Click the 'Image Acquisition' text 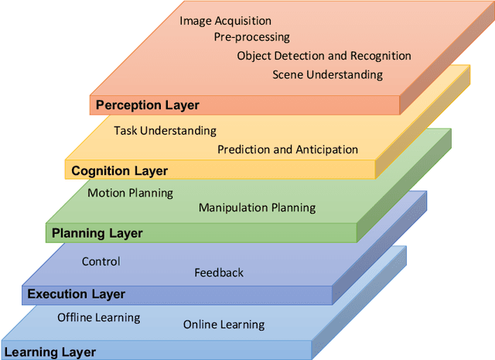(x=225, y=21)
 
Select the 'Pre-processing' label (x=251, y=36)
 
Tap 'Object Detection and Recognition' (x=324, y=56)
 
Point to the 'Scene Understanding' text (x=327, y=74)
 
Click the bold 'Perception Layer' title (x=147, y=105)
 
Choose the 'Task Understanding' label (x=165, y=131)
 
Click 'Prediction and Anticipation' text (x=288, y=149)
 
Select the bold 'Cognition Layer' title (x=119, y=170)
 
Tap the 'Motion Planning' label (x=130, y=193)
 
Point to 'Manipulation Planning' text (x=257, y=207)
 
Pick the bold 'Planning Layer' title (x=97, y=232)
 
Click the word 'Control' (x=101, y=262)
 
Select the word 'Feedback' (x=219, y=273)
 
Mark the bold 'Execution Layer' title (x=76, y=294)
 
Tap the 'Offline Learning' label (x=98, y=317)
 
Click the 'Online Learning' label (x=224, y=324)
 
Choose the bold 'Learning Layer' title (x=50, y=352)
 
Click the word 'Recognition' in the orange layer (x=380, y=56)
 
